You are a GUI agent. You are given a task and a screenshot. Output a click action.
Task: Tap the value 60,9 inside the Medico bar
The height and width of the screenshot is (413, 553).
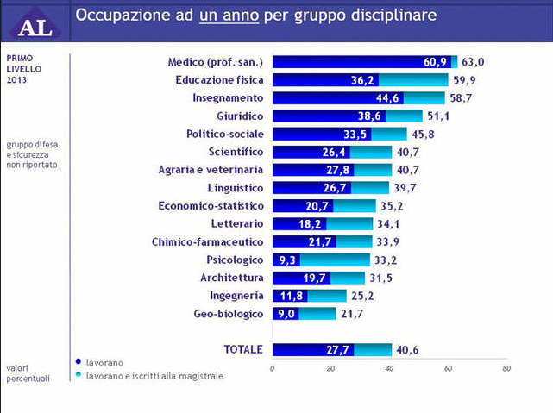click(435, 62)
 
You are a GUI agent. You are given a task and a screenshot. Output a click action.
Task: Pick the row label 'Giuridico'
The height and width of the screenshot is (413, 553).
click(240, 116)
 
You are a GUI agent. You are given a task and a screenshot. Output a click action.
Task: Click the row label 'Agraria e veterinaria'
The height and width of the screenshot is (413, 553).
click(211, 170)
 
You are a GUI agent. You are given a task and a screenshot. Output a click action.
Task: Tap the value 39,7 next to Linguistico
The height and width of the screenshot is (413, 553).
click(408, 188)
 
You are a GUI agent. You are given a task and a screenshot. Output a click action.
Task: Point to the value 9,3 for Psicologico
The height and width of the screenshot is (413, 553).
click(287, 260)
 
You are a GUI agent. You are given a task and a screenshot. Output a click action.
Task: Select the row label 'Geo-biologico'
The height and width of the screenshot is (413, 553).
click(228, 314)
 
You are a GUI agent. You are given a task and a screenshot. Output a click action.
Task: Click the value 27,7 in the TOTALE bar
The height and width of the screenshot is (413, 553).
click(339, 350)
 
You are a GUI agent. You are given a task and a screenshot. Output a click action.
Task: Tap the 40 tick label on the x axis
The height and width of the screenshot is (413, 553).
click(389, 368)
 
